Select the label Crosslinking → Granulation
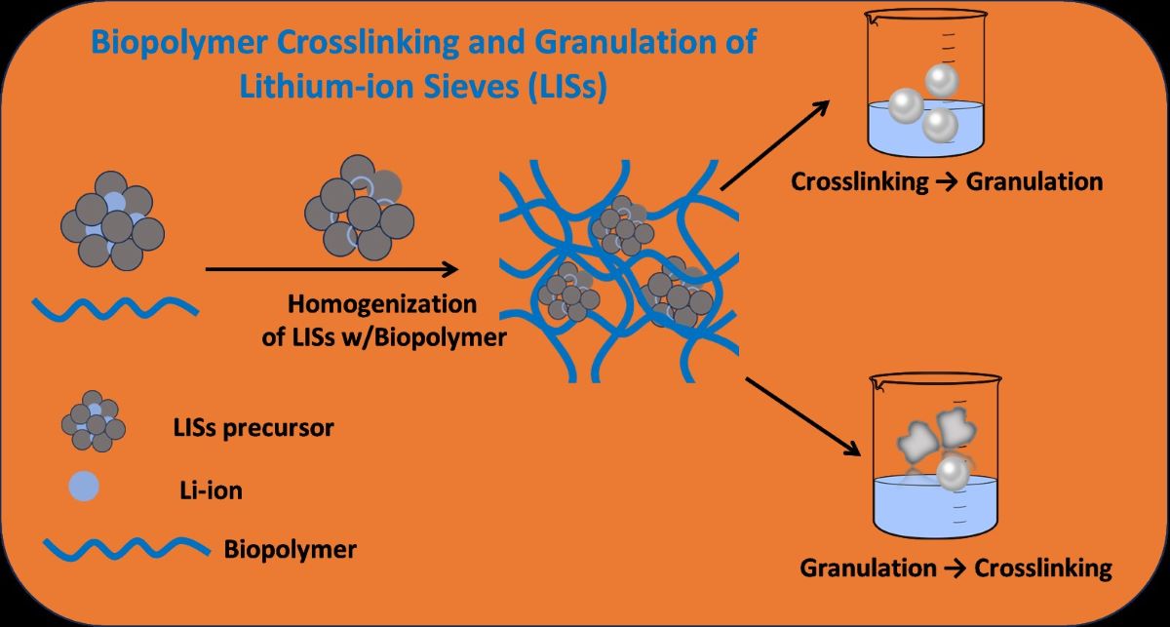(947, 181)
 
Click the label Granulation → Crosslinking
(955, 568)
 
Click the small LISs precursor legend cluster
(93, 421)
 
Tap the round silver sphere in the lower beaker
(953, 474)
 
